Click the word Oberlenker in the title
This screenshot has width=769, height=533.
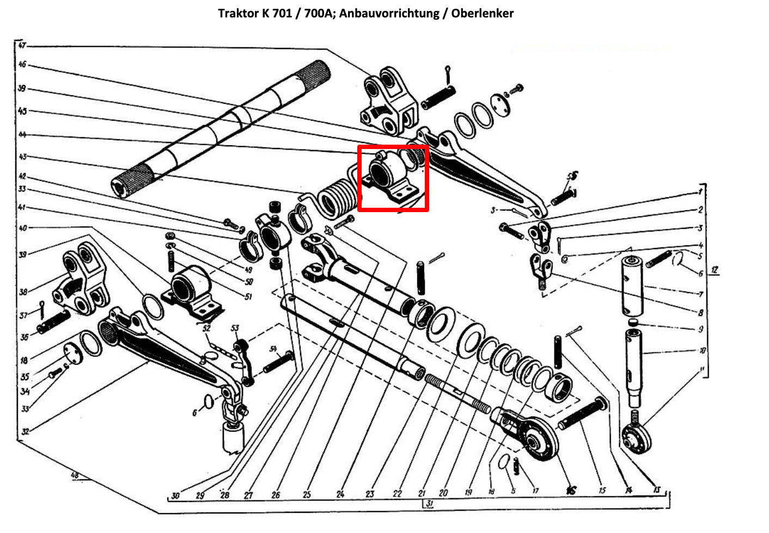pyautogui.click(x=484, y=13)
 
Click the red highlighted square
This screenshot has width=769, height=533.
pyautogui.click(x=393, y=178)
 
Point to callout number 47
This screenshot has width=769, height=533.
pyautogui.click(x=22, y=45)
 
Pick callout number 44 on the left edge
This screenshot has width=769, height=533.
pyautogui.click(x=22, y=134)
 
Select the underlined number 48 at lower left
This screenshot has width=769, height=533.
pyautogui.click(x=75, y=476)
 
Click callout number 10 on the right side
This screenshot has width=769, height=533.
pyautogui.click(x=703, y=351)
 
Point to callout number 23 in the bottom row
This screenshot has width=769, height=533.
pyautogui.click(x=370, y=494)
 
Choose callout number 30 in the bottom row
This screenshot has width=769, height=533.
pyautogui.click(x=175, y=495)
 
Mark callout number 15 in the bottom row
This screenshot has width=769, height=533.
pyautogui.click(x=602, y=491)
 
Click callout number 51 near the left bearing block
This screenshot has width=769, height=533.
pyautogui.click(x=249, y=297)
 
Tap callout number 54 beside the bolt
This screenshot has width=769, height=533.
pyautogui.click(x=273, y=349)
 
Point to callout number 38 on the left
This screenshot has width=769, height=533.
pyautogui.click(x=23, y=292)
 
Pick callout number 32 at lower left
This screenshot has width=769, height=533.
pyautogui.click(x=25, y=432)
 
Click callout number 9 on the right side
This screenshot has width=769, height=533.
pyautogui.click(x=701, y=329)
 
